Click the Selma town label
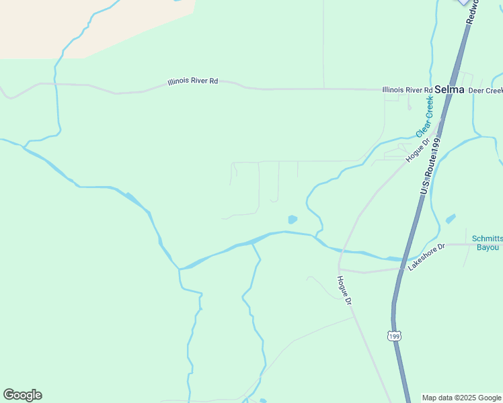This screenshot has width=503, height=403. pos(446,89)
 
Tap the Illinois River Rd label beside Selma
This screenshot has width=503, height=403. pos(407,90)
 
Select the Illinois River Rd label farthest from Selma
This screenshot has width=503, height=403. pos(193,81)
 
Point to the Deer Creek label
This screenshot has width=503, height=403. pos(486,90)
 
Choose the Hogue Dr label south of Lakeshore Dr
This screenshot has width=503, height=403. pos(344,290)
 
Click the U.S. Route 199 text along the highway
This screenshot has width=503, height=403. pos(430,167)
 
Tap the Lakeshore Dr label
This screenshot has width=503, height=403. pos(427,257)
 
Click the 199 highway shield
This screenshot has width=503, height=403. pos(395,334)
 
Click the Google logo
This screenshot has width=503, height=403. pos(22,395)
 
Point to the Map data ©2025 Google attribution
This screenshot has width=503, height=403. pos(461,398)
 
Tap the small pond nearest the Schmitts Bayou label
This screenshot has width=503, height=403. pos(450,219)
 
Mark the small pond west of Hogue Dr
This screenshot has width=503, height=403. pos(293,219)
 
